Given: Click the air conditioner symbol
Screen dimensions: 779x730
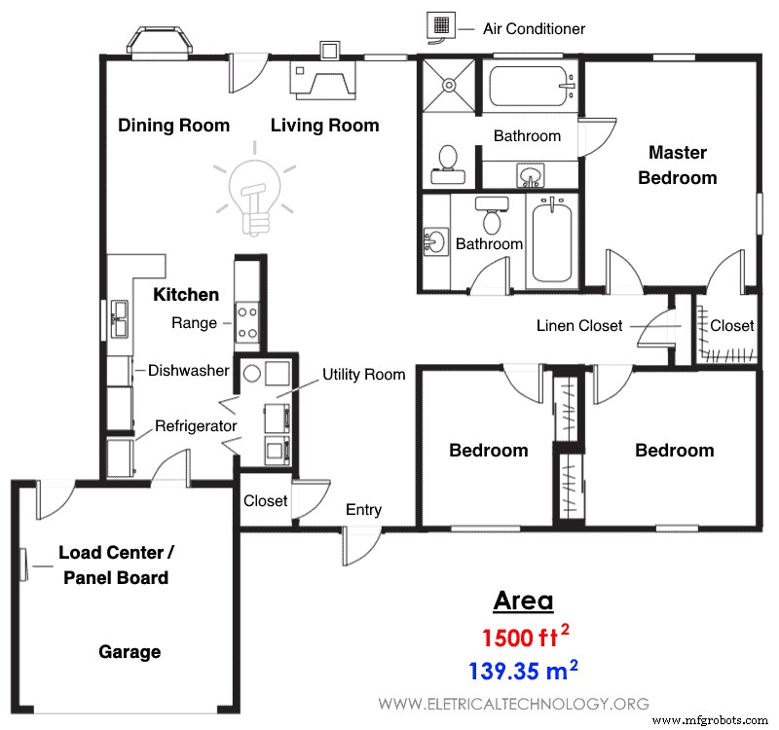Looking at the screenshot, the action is pyautogui.click(x=441, y=26).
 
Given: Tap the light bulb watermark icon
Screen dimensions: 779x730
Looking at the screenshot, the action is pyautogui.click(x=255, y=189).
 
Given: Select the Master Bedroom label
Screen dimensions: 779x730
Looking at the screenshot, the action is pyautogui.click(x=678, y=164).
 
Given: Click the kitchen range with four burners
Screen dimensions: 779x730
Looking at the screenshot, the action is pyautogui.click(x=247, y=322).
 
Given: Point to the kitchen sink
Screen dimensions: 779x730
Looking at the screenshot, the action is pyautogui.click(x=119, y=319).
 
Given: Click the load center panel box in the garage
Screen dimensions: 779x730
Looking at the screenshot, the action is pyautogui.click(x=23, y=565).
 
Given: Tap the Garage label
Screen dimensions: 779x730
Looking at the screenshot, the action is pyautogui.click(x=130, y=652).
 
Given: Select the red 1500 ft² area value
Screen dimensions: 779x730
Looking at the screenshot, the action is pyautogui.click(x=526, y=638).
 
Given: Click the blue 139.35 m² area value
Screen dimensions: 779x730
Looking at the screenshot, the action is pyautogui.click(x=523, y=671).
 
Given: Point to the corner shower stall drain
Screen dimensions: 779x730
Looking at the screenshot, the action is pyautogui.click(x=449, y=85).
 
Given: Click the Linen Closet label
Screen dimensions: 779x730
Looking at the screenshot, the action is pyautogui.click(x=579, y=326).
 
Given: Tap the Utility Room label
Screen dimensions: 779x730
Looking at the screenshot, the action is pyautogui.click(x=363, y=375).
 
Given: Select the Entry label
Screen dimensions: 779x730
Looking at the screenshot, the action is pyautogui.click(x=363, y=510).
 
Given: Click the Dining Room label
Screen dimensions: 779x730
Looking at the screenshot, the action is pyautogui.click(x=174, y=126).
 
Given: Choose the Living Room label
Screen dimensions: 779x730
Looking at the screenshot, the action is pyautogui.click(x=325, y=126).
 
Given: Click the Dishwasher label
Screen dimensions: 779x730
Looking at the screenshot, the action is pyautogui.click(x=189, y=371).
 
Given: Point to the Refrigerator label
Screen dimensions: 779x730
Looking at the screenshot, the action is pyautogui.click(x=196, y=426).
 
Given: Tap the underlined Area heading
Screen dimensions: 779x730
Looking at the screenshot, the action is pyautogui.click(x=523, y=601).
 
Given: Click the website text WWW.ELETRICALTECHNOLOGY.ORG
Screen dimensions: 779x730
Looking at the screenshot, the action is pyautogui.click(x=514, y=704).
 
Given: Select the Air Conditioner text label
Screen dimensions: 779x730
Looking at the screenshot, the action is pyautogui.click(x=534, y=29).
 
